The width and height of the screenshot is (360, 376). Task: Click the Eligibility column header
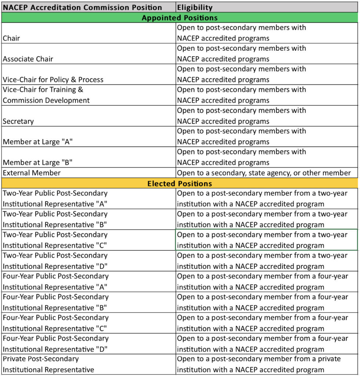pyautogui.click(x=194, y=7)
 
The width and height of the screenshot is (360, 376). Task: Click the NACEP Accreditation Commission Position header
pyautogui.click(x=82, y=7)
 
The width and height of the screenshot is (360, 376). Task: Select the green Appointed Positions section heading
pyautogui.click(x=179, y=18)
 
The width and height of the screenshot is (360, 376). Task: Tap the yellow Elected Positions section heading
pyautogui.click(x=179, y=184)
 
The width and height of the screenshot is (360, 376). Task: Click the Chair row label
pyautogui.click(x=12, y=38)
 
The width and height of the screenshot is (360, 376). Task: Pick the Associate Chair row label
pyautogui.click(x=28, y=59)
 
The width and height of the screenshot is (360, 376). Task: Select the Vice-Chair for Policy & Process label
pyautogui.click(x=53, y=80)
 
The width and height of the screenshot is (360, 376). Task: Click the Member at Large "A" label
pyautogui.click(x=37, y=142)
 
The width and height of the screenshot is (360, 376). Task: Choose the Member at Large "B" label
pyautogui.click(x=37, y=163)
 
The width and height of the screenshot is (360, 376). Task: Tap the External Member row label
pyautogui.click(x=32, y=173)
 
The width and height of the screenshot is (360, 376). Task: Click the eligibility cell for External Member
pyautogui.click(x=264, y=173)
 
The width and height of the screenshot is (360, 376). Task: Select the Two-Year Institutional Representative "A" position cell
pyautogui.click(x=55, y=199)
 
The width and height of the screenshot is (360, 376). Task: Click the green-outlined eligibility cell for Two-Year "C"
pyautogui.click(x=266, y=240)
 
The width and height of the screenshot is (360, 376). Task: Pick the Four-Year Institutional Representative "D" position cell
pyautogui.click(x=56, y=344)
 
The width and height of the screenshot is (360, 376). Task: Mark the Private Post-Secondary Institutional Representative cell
pyautogui.click(x=48, y=364)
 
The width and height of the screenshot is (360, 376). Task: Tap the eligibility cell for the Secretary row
pyautogui.click(x=241, y=116)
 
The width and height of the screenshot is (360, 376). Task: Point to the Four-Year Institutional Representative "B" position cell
pyautogui.click(x=56, y=302)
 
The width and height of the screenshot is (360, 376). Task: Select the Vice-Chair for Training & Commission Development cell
pyautogui.click(x=46, y=95)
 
